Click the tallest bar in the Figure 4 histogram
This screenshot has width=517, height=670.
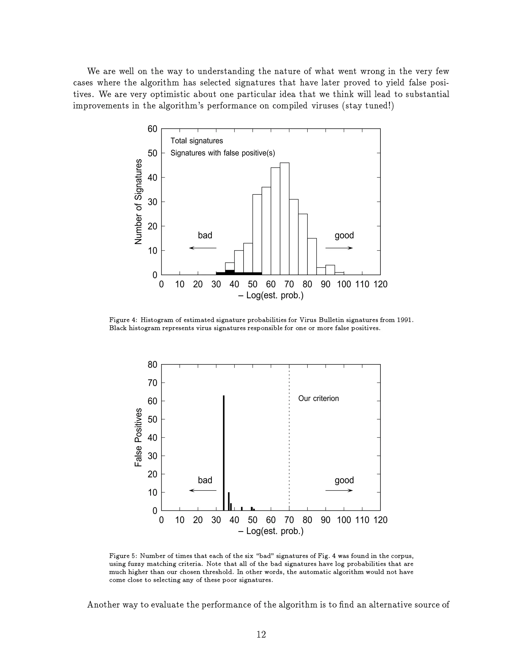(x=285, y=218)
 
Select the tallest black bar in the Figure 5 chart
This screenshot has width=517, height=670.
(x=224, y=453)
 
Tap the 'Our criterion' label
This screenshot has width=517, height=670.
(x=319, y=398)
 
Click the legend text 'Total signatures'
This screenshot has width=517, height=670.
(x=197, y=141)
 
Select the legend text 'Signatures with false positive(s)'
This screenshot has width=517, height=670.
(x=223, y=153)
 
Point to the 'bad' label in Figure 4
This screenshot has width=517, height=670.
(x=205, y=235)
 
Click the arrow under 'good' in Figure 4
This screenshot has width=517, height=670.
(x=339, y=248)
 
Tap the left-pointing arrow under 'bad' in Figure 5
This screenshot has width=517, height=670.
(x=202, y=490)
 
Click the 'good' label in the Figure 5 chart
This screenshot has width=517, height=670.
(x=344, y=480)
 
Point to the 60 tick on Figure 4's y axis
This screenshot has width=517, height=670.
(x=152, y=129)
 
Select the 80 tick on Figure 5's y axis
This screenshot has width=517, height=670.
(x=152, y=365)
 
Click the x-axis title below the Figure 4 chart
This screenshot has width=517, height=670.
(x=271, y=295)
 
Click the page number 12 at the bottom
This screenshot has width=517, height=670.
(x=261, y=634)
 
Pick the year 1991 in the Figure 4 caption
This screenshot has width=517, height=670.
(x=405, y=320)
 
